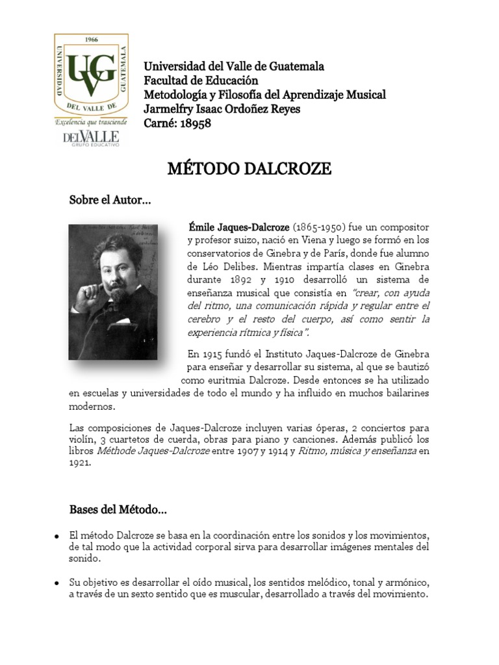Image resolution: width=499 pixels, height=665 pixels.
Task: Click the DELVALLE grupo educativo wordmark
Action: pos(91,138)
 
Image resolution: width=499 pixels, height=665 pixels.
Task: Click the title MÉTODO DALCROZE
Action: pos(249,169)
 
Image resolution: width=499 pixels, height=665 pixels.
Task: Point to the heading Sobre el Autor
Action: pos(110,201)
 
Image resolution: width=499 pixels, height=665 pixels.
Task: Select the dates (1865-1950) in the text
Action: pos(319,227)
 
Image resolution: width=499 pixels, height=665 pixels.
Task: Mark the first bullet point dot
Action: pos(58,536)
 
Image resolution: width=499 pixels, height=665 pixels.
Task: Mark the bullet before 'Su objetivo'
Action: pos(58,583)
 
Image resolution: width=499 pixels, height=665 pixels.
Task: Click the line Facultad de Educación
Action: pos(201,81)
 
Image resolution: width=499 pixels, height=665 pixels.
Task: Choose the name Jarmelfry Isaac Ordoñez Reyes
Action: pos(222,109)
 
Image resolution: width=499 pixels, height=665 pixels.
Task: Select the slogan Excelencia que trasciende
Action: pos(91,121)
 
